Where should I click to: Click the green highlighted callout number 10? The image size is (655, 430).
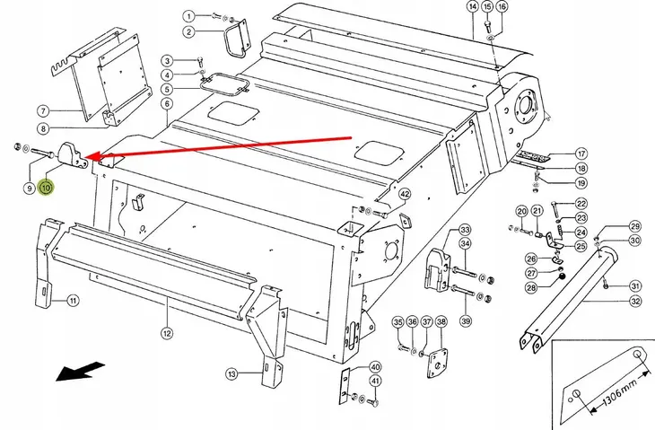click(46, 188)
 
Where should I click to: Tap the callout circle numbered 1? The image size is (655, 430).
click(189, 16)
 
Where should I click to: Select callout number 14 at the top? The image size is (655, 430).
click(473, 6)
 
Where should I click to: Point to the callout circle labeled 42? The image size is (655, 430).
click(405, 194)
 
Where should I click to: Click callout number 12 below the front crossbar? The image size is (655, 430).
click(167, 333)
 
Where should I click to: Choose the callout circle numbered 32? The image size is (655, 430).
click(635, 301)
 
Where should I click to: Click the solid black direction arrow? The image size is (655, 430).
click(79, 371)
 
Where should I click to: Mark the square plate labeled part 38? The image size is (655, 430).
click(437, 363)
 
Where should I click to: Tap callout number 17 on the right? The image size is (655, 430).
click(581, 154)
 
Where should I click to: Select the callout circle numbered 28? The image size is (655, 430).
click(531, 287)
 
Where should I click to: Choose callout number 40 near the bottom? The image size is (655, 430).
click(376, 367)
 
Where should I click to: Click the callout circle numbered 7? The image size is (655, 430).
click(43, 111)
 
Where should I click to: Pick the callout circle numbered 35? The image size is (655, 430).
click(398, 322)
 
